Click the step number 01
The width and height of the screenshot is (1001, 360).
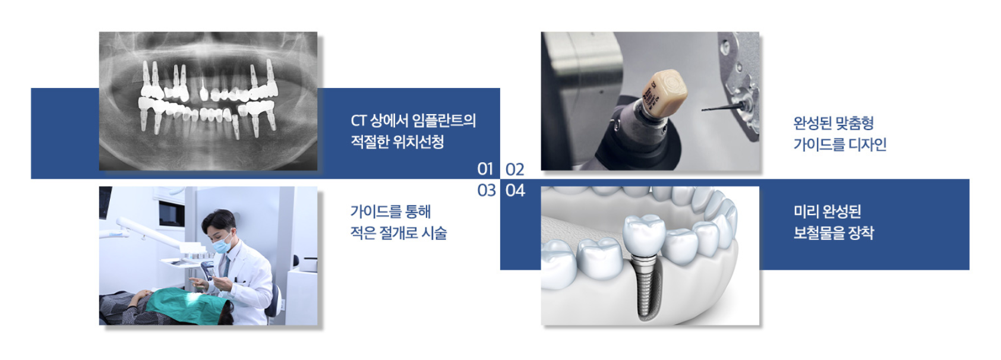[485, 169]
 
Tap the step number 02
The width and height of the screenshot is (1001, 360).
[514, 169]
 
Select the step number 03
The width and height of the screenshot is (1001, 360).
[486, 190]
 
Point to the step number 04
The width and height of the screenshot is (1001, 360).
[515, 190]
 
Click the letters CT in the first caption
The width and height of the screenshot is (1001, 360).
[358, 121]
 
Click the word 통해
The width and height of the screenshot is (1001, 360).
[418, 211]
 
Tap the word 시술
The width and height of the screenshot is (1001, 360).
[434, 233]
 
